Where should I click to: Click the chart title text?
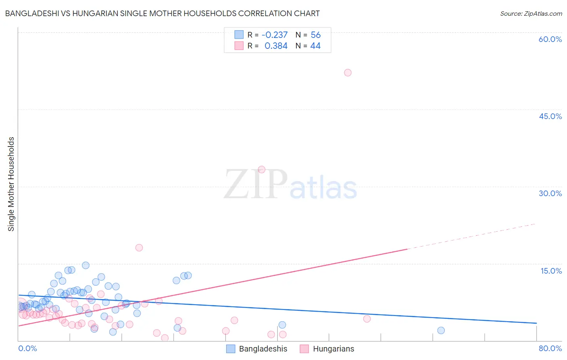(162, 14)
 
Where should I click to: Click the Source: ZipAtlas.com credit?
(531, 14)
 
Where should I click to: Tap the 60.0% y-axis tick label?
(550, 39)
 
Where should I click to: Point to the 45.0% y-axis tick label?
(550, 116)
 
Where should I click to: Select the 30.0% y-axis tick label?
(550, 193)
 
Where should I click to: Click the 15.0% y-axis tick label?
(551, 271)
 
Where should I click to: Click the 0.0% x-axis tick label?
(27, 348)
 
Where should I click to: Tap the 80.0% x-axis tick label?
(550, 348)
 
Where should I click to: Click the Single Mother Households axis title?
(11, 184)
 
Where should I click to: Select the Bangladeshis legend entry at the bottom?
(257, 349)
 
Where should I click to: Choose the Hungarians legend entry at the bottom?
(327, 349)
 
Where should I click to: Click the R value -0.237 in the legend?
(275, 35)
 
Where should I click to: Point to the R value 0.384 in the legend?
(276, 46)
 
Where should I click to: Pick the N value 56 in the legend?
(315, 35)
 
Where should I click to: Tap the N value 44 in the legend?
(315, 46)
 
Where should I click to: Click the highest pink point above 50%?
(348, 73)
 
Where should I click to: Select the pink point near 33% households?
(261, 170)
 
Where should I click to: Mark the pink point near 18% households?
(139, 248)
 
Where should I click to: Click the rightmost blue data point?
(441, 331)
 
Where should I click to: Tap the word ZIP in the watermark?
(255, 184)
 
